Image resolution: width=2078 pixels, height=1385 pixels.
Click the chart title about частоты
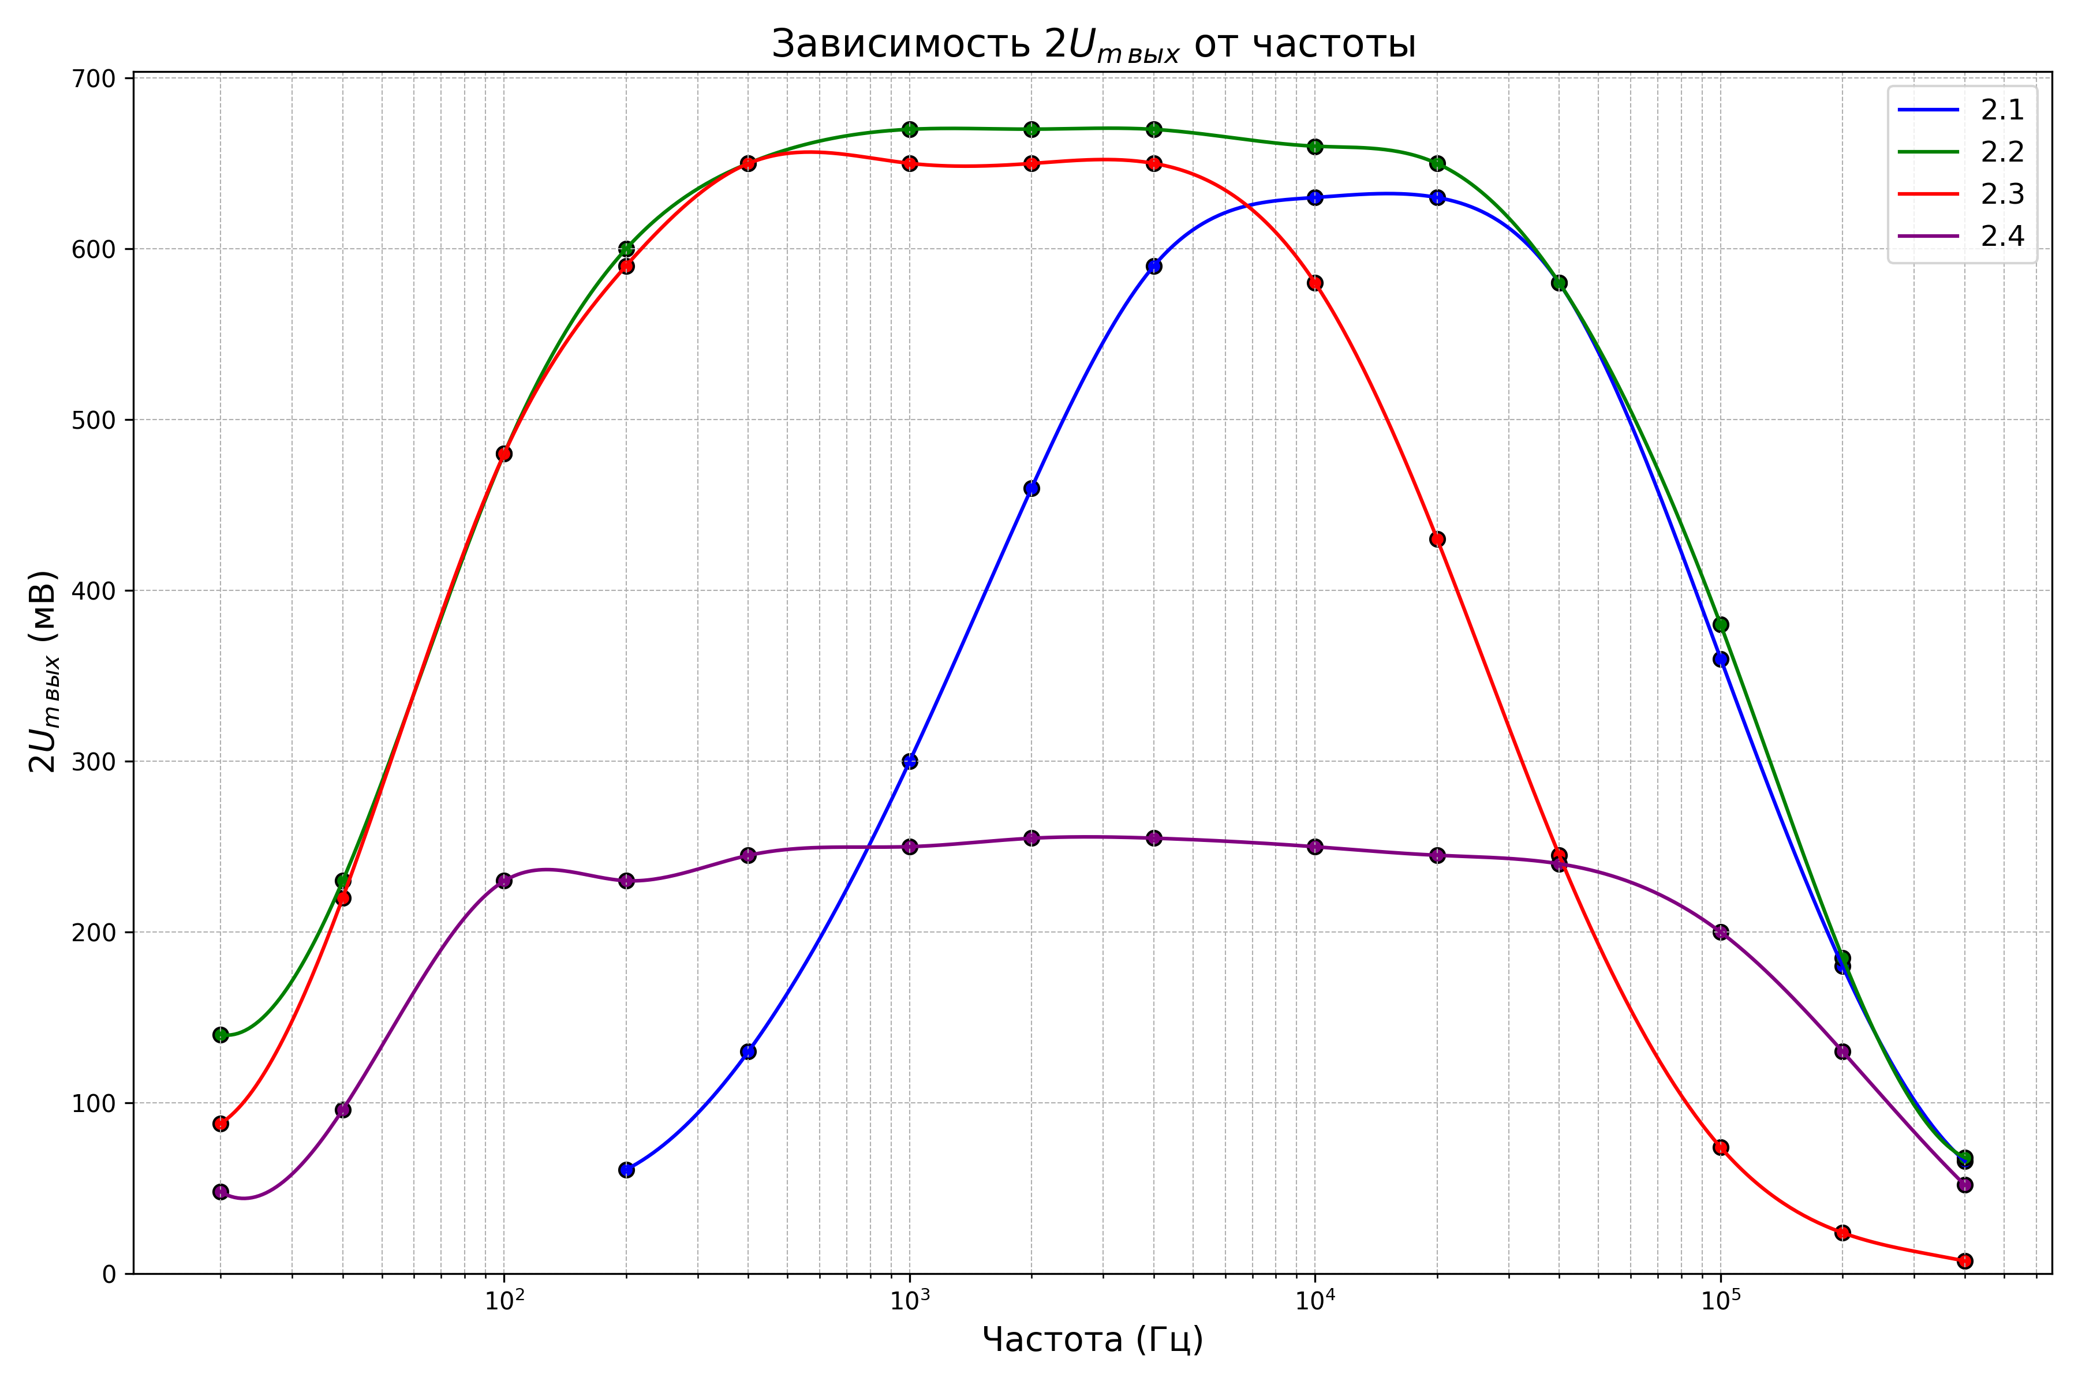click(1093, 44)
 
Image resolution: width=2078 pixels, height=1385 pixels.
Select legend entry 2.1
click(1961, 110)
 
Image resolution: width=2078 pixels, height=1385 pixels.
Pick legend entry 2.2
click(1961, 152)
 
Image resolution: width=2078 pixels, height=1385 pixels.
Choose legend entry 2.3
click(1961, 193)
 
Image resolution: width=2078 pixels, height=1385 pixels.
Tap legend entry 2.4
click(1961, 236)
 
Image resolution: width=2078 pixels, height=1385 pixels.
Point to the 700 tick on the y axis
click(93, 78)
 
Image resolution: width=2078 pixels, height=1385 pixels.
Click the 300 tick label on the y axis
click(93, 761)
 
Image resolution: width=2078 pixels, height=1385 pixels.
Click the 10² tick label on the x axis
click(503, 1300)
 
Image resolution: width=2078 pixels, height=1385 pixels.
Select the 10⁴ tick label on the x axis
click(1315, 1300)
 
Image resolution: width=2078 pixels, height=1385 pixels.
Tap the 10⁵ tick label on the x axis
click(1720, 1300)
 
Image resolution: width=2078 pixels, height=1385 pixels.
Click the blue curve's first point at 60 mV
click(626, 1170)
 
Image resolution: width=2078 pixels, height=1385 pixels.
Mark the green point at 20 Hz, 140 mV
click(221, 1034)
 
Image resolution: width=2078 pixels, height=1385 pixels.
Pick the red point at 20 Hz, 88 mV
click(221, 1124)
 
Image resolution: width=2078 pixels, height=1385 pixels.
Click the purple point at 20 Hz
click(221, 1192)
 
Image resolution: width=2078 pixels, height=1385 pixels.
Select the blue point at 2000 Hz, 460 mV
click(1031, 488)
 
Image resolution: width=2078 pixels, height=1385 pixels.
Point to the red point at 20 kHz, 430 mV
click(1437, 540)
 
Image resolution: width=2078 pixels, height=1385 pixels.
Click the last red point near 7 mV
click(1965, 1262)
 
